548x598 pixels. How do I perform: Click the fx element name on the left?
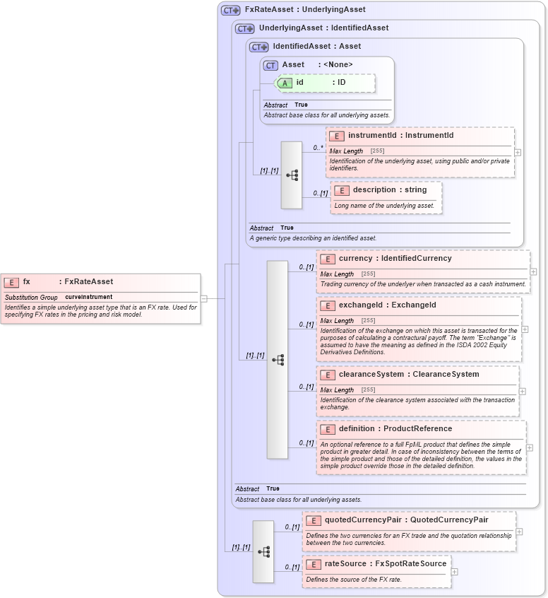27,281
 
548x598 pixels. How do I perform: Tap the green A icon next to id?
285,83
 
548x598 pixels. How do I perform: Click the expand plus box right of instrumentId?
518,152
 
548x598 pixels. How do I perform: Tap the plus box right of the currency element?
533,271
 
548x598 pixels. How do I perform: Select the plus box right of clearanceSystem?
522,391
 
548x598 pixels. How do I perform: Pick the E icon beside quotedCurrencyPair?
313,520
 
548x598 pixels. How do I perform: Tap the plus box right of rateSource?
454,571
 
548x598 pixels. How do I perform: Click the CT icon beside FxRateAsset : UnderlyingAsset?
230,10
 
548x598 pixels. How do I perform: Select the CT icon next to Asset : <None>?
270,65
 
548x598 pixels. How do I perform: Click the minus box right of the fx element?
203,298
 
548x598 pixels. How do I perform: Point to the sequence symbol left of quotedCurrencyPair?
263,551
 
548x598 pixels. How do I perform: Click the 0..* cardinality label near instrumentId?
318,148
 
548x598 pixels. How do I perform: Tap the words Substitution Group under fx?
31,297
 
